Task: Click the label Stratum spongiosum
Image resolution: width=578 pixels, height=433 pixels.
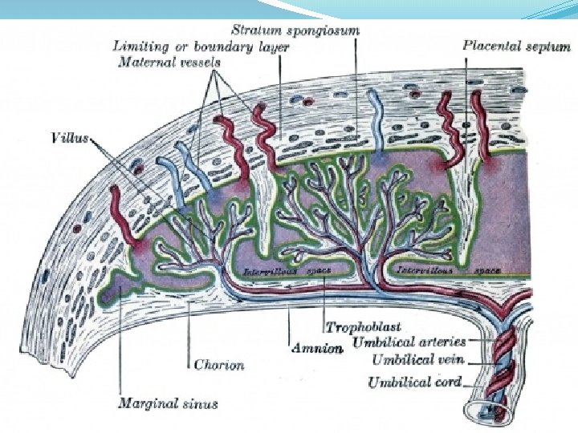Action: pos(295,30)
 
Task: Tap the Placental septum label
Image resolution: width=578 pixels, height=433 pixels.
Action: pos(516,46)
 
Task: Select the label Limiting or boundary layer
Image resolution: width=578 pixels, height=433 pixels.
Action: pos(201,47)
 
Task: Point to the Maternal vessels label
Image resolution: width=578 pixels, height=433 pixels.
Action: pos(169,62)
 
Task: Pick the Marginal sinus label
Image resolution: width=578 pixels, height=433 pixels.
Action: pos(167,403)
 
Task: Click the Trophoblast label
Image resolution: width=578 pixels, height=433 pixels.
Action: pos(363,328)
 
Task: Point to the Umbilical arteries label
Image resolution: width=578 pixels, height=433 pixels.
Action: pos(419,344)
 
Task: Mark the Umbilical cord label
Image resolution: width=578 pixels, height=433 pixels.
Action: pos(414,382)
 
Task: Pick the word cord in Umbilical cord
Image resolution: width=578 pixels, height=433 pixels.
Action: pos(448,382)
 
